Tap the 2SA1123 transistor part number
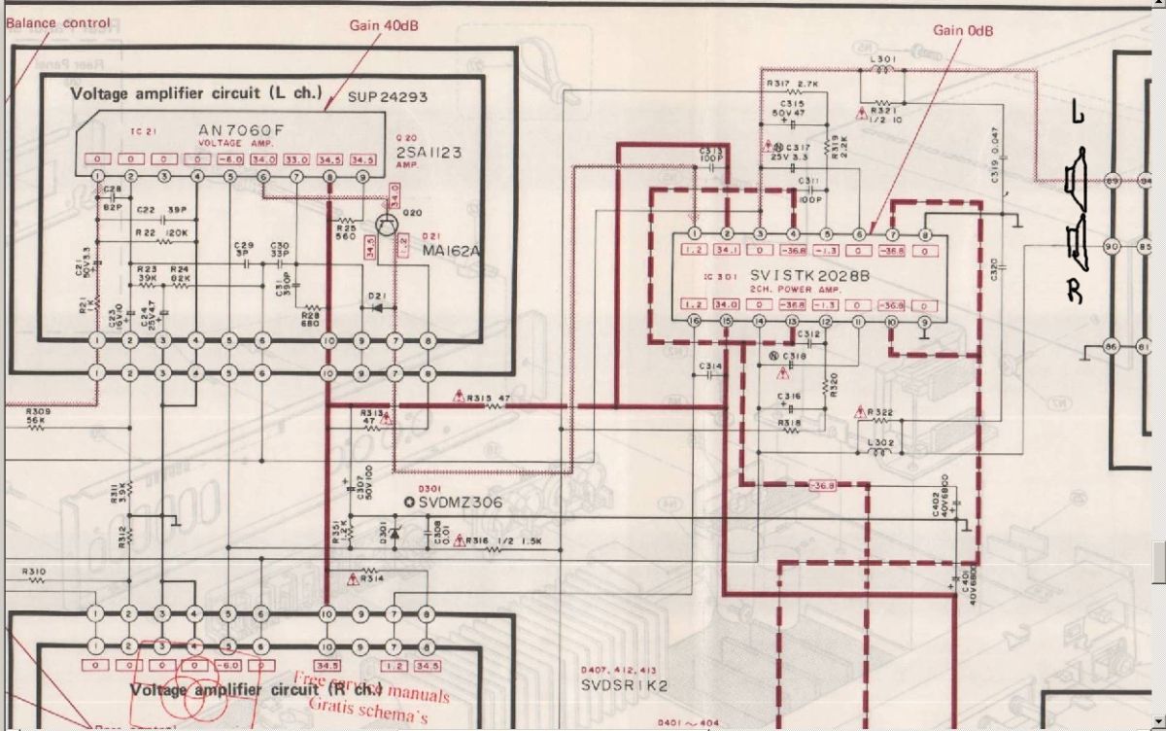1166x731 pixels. (428, 153)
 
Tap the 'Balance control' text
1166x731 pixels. (57, 22)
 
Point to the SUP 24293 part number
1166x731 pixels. (388, 97)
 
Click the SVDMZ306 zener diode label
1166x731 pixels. (459, 502)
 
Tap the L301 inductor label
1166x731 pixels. (882, 60)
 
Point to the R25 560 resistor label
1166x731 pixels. (345, 231)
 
